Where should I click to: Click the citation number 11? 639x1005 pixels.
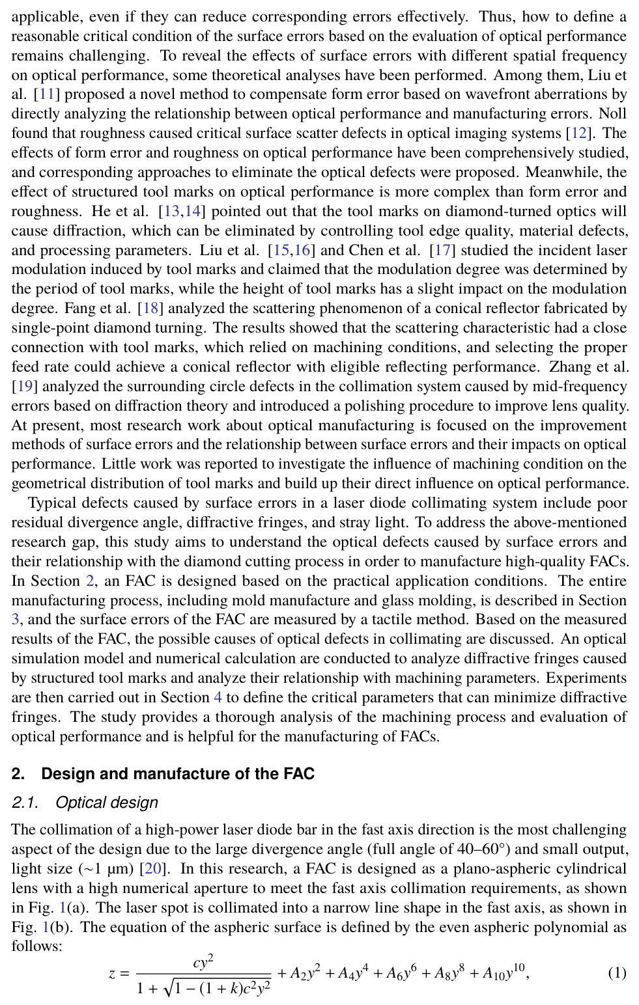(x=47, y=94)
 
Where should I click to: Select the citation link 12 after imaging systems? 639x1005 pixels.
(x=578, y=133)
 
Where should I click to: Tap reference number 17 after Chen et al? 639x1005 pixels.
(x=443, y=250)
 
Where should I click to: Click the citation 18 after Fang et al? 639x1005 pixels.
(x=150, y=309)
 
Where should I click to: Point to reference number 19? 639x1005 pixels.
(x=25, y=387)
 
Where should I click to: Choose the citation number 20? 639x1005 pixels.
(x=154, y=869)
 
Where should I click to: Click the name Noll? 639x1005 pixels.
(x=613, y=114)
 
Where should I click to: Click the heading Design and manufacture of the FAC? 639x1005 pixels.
(x=178, y=774)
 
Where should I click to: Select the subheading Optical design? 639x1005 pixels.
(x=107, y=803)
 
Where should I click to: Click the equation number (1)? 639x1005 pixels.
(x=617, y=973)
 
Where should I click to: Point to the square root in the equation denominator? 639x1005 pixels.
(x=217, y=988)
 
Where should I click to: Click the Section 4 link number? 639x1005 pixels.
(x=218, y=698)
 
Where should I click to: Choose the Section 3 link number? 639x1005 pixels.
(x=16, y=620)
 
